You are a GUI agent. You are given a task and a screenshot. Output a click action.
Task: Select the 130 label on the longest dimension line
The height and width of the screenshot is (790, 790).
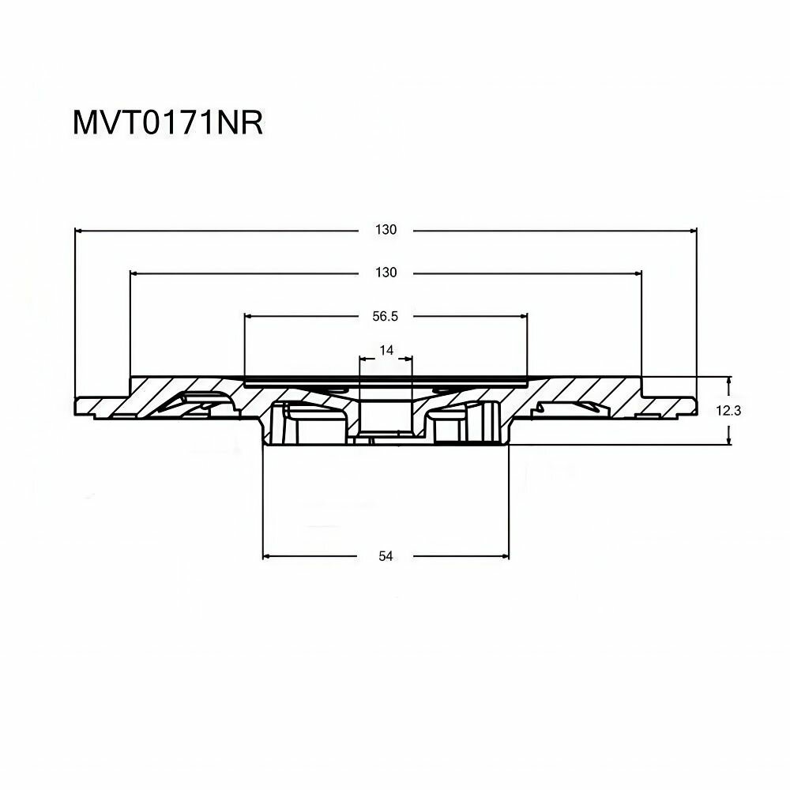tap(386, 231)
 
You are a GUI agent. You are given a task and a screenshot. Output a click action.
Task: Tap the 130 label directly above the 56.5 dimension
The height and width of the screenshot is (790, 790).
tap(386, 273)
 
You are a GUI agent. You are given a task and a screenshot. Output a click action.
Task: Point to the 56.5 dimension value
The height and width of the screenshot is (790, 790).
tap(385, 316)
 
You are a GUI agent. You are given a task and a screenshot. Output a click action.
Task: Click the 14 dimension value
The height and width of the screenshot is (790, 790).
tap(386, 348)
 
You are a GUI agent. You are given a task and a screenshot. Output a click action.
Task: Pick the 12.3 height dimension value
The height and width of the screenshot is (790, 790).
tap(751, 410)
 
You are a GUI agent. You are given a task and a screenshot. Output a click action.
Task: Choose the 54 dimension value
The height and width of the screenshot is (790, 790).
tap(386, 556)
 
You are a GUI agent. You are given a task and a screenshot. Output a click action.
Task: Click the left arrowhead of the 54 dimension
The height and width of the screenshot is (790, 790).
tap(268, 556)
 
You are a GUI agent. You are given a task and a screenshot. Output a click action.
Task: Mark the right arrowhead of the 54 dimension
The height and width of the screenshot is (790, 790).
tap(505, 556)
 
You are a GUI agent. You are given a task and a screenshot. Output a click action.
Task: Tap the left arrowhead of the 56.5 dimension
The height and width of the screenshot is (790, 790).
tap(250, 316)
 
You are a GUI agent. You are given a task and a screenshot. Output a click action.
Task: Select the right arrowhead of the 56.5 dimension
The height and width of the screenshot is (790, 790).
tap(522, 316)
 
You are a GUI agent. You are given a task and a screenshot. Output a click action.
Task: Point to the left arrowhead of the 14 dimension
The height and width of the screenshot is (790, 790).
tap(364, 359)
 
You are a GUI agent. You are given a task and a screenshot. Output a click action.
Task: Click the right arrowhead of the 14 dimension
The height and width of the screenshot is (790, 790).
tap(408, 359)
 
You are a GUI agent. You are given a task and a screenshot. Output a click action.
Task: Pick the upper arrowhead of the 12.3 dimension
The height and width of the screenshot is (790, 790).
tap(728, 381)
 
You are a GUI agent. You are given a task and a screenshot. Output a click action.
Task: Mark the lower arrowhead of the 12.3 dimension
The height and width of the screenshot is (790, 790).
tap(728, 440)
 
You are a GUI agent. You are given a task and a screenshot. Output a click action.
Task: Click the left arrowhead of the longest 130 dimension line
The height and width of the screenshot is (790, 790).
tap(79, 231)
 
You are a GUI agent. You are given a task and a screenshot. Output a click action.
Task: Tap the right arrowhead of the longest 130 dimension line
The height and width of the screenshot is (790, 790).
tap(693, 231)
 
